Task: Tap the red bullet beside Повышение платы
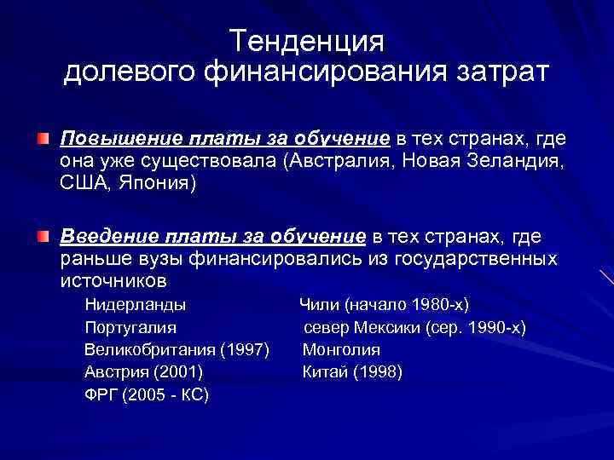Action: click(43, 138)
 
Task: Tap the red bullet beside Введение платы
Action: click(43, 234)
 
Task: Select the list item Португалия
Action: click(130, 327)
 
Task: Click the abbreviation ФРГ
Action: click(102, 395)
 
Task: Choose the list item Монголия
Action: click(341, 349)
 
